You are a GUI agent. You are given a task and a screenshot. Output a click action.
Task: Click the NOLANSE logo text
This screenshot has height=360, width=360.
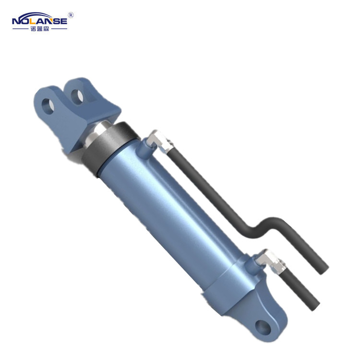pyautogui.click(x=39, y=21)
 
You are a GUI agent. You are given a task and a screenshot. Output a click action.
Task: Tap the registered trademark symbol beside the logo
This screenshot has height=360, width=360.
pyautogui.click(x=71, y=15)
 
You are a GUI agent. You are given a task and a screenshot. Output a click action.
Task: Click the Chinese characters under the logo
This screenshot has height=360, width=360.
pyautogui.click(x=40, y=29)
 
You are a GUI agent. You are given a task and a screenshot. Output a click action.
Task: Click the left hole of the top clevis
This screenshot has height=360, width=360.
pyautogui.click(x=48, y=106)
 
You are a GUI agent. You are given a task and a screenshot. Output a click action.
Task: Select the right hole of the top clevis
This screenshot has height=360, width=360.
pyautogui.click(x=77, y=97)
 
